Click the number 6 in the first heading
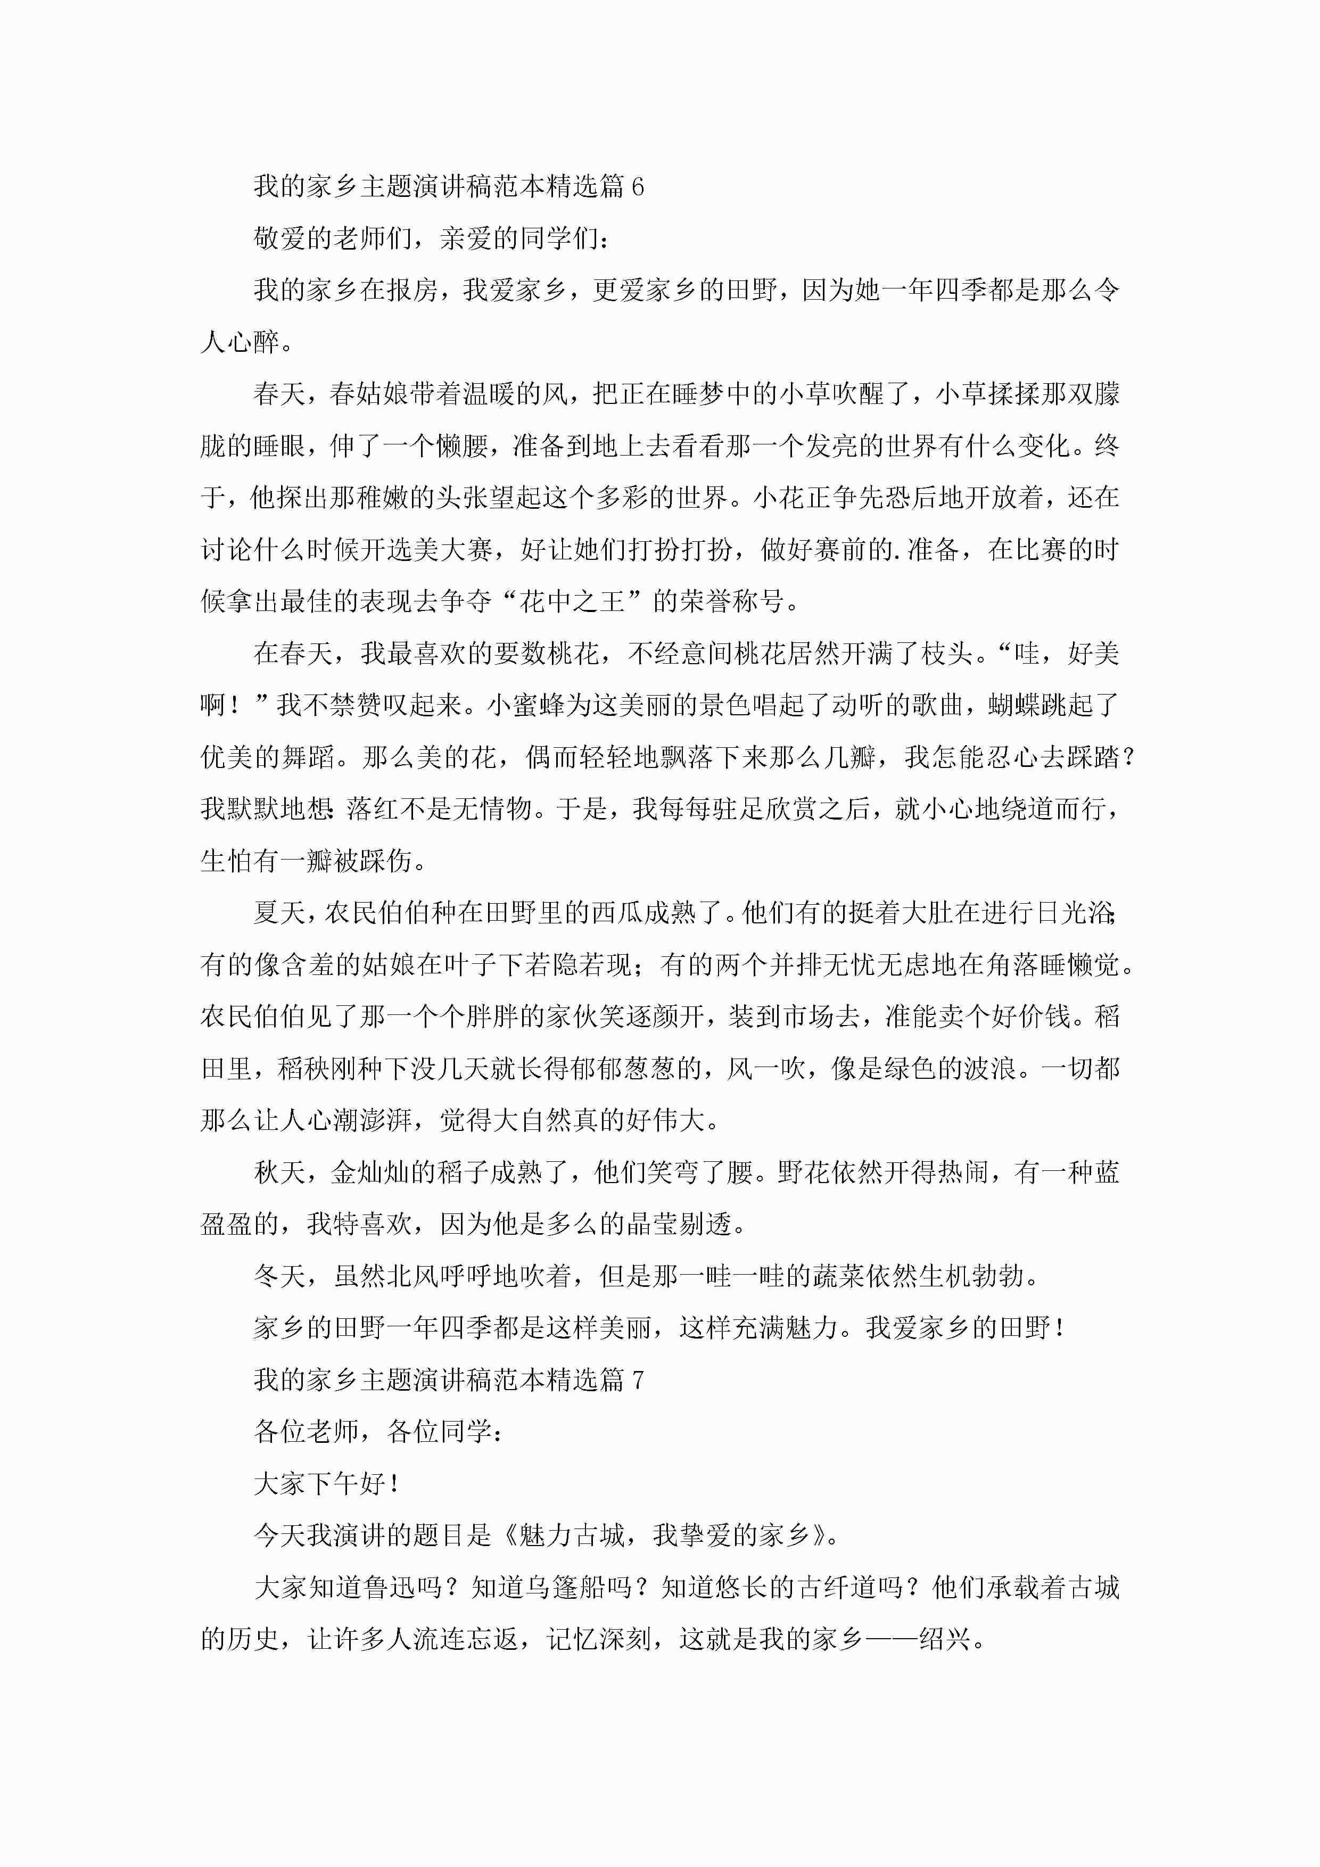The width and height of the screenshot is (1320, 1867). click(638, 187)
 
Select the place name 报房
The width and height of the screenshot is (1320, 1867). click(412, 290)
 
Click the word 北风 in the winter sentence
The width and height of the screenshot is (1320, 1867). click(412, 1276)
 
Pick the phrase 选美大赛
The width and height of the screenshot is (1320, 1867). click(439, 550)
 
